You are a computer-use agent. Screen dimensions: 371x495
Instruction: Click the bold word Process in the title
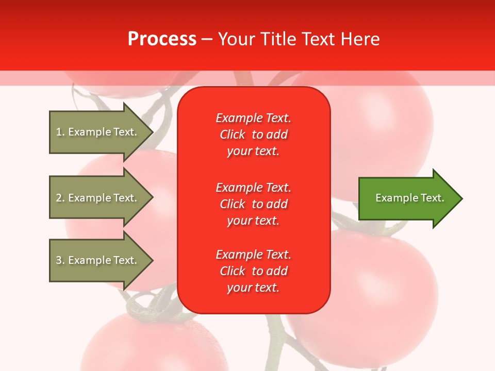click(x=162, y=39)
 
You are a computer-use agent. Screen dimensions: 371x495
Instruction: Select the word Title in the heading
click(x=277, y=39)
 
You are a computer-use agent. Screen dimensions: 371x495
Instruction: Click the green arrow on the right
click(x=407, y=198)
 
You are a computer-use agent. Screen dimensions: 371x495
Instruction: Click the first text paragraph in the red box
click(x=253, y=134)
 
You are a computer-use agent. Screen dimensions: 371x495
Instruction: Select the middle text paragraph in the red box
click(x=253, y=204)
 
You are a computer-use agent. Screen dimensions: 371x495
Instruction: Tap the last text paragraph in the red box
click(x=253, y=271)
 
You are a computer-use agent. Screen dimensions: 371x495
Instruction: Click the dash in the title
click(x=207, y=39)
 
